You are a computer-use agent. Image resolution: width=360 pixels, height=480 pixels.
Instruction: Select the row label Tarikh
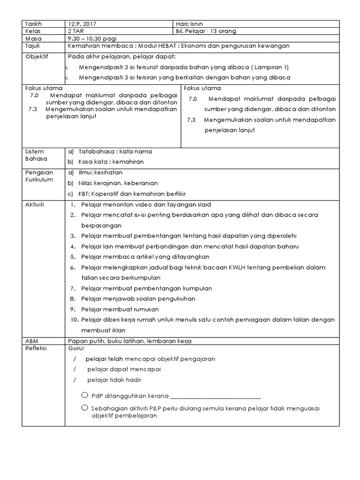point(33,23)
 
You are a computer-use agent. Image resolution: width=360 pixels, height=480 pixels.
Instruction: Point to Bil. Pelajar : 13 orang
point(206,31)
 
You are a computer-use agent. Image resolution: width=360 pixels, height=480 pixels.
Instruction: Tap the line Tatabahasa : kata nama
point(115,151)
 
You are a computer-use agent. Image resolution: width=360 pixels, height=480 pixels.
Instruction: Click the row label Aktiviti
point(34,205)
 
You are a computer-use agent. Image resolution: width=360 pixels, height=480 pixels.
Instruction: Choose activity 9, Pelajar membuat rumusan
point(120,309)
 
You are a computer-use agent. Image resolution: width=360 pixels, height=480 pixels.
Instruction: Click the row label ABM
point(30,341)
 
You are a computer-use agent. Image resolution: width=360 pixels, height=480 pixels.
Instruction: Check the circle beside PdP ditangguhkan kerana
point(84,394)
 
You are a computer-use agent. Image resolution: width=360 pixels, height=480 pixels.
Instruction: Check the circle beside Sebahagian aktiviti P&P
point(84,407)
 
